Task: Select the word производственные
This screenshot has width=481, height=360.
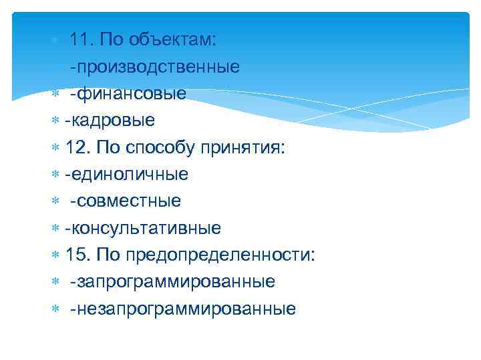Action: (x=159, y=67)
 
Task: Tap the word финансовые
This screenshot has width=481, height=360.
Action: (x=132, y=93)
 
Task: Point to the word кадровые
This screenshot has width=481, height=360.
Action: (x=113, y=121)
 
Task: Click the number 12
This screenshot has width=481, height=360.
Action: (x=77, y=147)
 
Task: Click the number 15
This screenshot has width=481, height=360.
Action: (x=77, y=255)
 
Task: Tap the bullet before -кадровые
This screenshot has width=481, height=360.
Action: (x=56, y=121)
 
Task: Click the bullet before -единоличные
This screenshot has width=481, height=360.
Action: (x=56, y=175)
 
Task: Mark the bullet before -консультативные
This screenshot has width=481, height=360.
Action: (x=56, y=229)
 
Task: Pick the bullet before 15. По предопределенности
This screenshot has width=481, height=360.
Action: (x=56, y=255)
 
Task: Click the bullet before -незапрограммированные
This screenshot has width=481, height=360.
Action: (x=56, y=309)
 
